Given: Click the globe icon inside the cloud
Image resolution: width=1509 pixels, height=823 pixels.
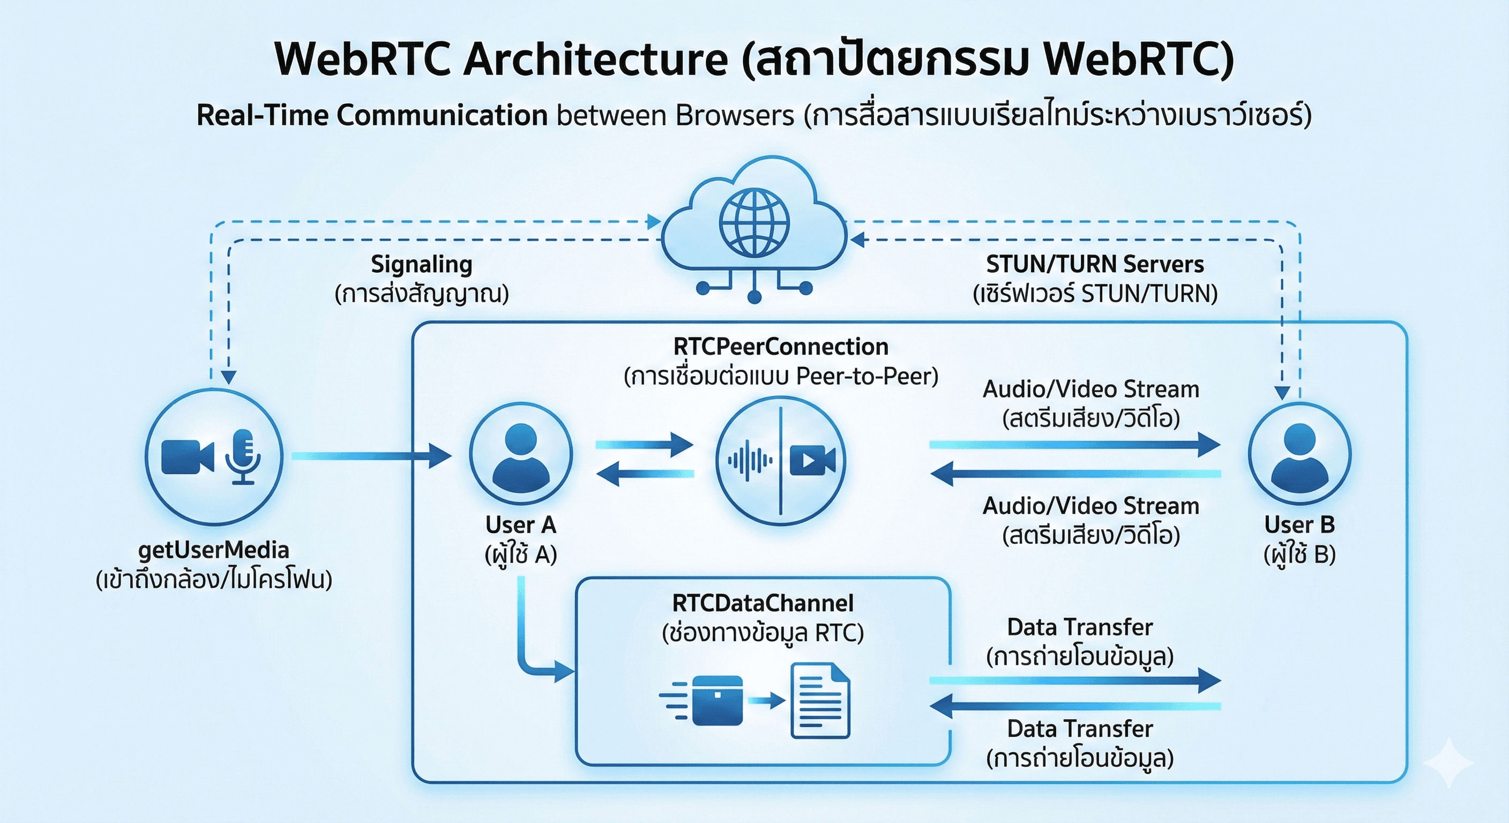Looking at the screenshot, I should point(754,222).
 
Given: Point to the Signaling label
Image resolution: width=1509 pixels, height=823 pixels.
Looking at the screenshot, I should point(421,265).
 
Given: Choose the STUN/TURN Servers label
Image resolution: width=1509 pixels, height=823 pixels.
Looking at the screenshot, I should point(1094,265).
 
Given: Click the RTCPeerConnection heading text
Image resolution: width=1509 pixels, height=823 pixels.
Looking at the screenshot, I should point(780,347).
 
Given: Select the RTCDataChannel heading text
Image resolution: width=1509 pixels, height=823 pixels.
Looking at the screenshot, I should point(763,603).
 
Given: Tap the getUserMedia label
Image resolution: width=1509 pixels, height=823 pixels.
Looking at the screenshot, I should point(214,550).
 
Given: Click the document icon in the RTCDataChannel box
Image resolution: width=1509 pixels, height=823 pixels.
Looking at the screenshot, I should point(819,701).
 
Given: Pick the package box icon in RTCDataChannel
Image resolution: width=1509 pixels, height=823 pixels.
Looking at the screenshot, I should point(717,701).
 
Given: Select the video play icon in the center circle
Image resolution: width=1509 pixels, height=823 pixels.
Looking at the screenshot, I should point(812,460).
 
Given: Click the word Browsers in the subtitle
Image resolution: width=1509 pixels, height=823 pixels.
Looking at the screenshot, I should point(735,115).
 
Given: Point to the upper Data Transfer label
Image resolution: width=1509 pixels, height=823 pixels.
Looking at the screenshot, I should point(1080,627).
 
